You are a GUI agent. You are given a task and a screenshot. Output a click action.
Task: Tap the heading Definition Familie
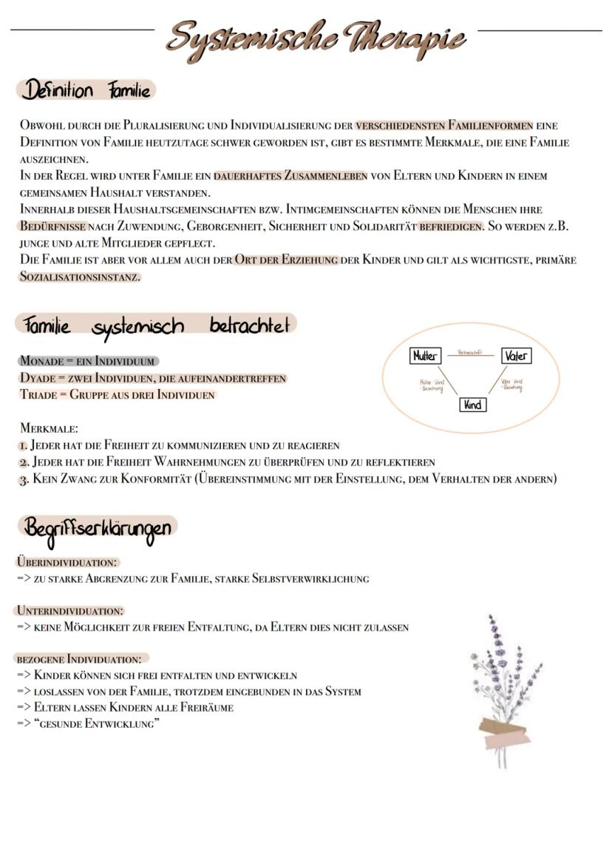tap(86, 91)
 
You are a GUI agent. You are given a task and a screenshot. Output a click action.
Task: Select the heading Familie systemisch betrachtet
tap(155, 325)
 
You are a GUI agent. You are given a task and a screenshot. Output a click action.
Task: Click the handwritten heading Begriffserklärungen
tap(98, 529)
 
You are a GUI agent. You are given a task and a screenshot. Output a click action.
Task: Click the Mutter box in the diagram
tap(425, 356)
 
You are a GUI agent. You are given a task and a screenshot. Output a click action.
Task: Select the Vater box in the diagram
tap(516, 356)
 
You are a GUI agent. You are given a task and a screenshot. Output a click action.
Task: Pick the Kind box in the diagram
tap(472, 405)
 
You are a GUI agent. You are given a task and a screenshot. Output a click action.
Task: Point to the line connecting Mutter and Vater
tap(470, 356)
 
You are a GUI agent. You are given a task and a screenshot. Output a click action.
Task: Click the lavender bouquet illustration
tap(505, 688)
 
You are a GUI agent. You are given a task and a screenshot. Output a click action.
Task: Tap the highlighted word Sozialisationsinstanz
tap(79, 277)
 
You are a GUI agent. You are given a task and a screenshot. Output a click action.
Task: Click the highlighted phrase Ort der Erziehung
tap(286, 260)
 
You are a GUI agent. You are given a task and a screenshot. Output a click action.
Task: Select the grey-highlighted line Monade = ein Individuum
tap(87, 362)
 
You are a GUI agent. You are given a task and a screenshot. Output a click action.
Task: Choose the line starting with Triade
tap(117, 395)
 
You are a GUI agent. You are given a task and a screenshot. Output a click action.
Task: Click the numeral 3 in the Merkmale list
tap(23, 479)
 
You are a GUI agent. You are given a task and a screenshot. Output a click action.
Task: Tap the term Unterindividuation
tap(69, 611)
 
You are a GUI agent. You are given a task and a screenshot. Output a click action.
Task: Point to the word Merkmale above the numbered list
tap(49, 429)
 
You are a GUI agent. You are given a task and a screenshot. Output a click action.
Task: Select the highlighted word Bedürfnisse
tap(52, 226)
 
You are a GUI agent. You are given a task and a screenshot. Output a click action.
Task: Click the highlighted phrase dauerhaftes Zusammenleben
tap(290, 176)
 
